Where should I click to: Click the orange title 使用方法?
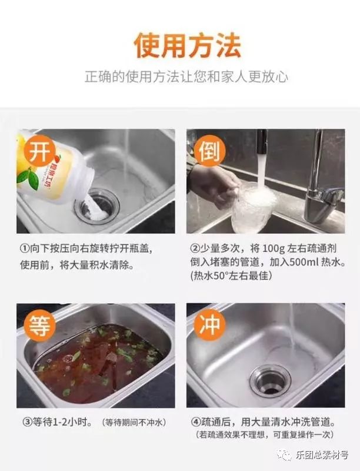(x=187, y=46)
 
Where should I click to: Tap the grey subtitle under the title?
(x=186, y=77)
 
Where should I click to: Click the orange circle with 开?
(x=39, y=152)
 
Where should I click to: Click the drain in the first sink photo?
(x=97, y=207)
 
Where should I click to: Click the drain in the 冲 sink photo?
(x=270, y=380)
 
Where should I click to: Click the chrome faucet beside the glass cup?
(x=322, y=180)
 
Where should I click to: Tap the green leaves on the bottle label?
(x=28, y=179)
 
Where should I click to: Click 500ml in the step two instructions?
(x=304, y=262)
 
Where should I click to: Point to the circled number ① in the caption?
(x=24, y=249)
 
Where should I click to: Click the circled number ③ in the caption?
(x=27, y=422)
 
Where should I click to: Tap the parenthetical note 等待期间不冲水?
(x=134, y=422)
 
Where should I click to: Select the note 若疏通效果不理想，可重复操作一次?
(x=264, y=434)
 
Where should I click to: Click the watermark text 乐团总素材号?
(x=322, y=455)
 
